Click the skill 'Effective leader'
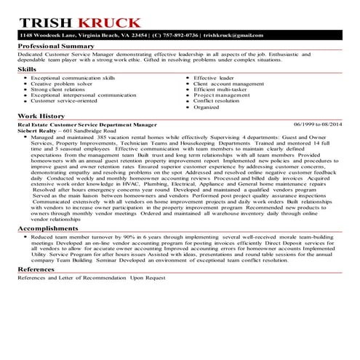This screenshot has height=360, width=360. click(x=215, y=77)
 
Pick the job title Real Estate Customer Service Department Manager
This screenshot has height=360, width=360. click(x=91, y=124)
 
